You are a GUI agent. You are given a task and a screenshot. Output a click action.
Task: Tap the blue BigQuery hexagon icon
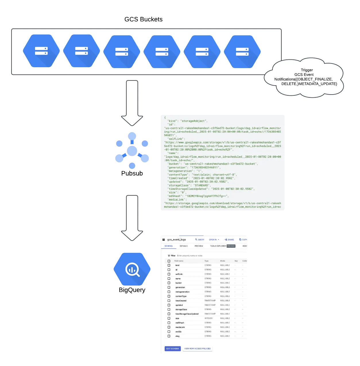click(132, 269)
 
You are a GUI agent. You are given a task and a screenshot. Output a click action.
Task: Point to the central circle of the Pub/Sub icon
click(132, 150)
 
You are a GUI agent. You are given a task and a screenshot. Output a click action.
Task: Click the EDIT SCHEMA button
click(173, 348)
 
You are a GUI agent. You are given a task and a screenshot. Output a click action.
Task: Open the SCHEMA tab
click(169, 246)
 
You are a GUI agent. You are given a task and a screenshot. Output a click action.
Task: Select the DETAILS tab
click(183, 246)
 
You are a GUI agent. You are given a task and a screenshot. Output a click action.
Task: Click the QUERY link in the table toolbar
click(200, 240)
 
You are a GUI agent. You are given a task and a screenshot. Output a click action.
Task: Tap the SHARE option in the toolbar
click(229, 240)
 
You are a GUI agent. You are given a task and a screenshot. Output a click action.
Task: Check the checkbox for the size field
click(169, 318)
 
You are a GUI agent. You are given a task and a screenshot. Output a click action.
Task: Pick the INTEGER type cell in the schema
click(208, 318)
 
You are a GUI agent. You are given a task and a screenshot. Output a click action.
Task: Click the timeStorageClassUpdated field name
click(187, 314)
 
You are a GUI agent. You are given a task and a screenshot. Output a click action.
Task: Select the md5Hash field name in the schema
click(180, 323)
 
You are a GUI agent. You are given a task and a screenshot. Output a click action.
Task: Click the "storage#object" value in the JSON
click(194, 121)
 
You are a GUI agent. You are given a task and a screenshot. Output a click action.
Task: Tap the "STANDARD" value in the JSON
click(201, 185)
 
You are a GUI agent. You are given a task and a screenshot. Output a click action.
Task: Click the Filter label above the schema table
click(173, 255)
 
